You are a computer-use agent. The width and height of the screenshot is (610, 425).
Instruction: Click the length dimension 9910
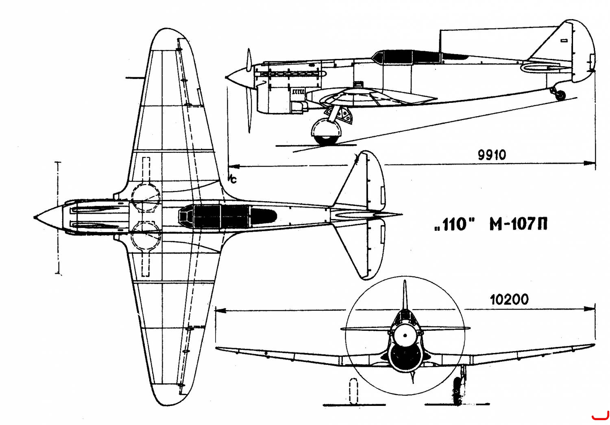(x=492, y=155)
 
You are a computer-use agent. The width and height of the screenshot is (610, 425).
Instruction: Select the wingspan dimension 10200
(x=509, y=299)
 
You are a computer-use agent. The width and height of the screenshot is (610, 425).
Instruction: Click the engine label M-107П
(x=518, y=225)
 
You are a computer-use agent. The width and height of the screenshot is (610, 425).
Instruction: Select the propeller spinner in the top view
(x=49, y=218)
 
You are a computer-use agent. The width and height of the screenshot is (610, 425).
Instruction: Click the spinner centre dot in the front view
(x=405, y=336)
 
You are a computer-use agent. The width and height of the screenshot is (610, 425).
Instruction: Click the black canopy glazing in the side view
(x=419, y=57)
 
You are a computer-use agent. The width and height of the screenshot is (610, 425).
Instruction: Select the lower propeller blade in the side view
(x=248, y=109)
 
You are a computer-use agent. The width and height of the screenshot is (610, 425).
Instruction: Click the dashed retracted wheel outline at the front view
(x=353, y=391)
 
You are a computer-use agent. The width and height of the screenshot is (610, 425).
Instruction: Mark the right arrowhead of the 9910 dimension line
(x=590, y=163)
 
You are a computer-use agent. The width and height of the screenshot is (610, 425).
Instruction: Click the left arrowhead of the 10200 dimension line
(x=220, y=310)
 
